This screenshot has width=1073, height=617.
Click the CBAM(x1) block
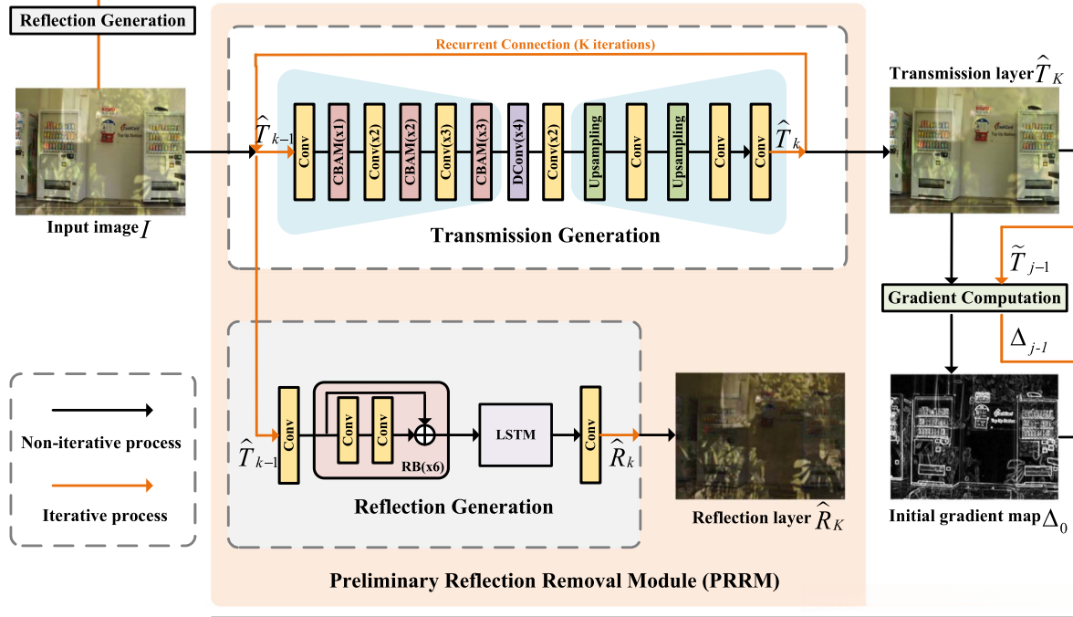point(339,152)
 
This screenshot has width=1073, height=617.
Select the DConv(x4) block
point(517,152)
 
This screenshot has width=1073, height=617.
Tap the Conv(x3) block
point(446,152)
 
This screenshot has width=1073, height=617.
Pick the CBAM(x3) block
point(482,152)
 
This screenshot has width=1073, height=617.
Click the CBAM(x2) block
point(411,152)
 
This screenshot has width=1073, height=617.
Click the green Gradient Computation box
point(974,298)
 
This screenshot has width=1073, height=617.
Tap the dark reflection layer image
point(759,435)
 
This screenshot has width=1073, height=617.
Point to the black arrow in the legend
point(101,412)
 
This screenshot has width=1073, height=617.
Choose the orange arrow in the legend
point(101,485)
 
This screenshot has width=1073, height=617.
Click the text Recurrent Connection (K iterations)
point(545,44)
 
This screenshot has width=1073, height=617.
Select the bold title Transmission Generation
point(545,236)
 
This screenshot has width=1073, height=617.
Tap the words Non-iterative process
point(101,443)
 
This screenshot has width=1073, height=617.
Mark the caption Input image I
point(99,225)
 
